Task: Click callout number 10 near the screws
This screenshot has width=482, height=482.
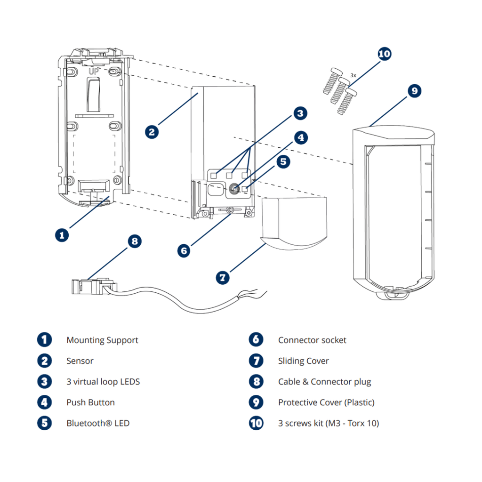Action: tap(384, 54)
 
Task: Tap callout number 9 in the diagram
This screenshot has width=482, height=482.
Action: tap(414, 91)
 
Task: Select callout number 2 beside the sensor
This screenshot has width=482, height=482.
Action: tap(152, 132)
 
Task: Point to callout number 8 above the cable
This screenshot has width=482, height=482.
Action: tap(135, 241)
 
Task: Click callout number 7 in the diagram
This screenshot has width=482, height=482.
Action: tap(223, 278)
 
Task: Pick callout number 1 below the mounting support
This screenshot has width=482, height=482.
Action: tap(62, 235)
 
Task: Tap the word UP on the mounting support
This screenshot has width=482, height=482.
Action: tap(94, 72)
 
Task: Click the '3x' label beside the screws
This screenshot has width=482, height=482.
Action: tap(353, 75)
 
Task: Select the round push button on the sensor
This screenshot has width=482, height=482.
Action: tap(234, 189)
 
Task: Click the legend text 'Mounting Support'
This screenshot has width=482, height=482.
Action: tap(102, 340)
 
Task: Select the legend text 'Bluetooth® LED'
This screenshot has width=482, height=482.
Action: tap(98, 423)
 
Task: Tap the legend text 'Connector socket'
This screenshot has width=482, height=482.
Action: tap(312, 340)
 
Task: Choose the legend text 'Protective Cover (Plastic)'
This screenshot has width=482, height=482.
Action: tap(326, 403)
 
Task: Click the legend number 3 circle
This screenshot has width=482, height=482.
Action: tap(45, 381)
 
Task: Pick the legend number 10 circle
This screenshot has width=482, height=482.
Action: tap(256, 423)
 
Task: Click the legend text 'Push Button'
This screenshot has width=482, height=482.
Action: tap(90, 403)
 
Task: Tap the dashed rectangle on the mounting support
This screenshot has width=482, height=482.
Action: tap(94, 154)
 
